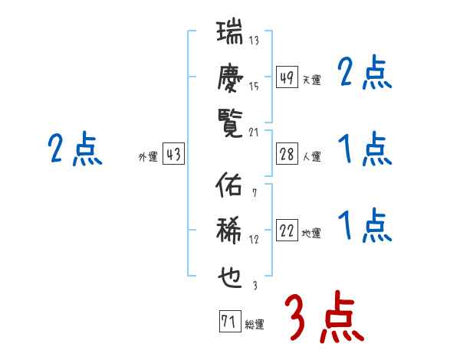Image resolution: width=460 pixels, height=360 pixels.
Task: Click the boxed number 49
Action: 287,77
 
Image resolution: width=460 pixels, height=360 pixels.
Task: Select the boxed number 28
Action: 287,154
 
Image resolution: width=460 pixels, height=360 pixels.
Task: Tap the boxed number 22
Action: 287,231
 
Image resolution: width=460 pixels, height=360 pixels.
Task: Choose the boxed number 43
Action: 173,154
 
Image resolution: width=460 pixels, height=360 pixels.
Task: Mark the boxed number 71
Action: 229,322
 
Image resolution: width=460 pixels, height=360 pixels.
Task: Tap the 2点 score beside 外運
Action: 75,149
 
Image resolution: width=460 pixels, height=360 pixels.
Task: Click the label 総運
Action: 255,324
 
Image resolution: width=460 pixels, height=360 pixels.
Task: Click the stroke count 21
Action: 255,131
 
